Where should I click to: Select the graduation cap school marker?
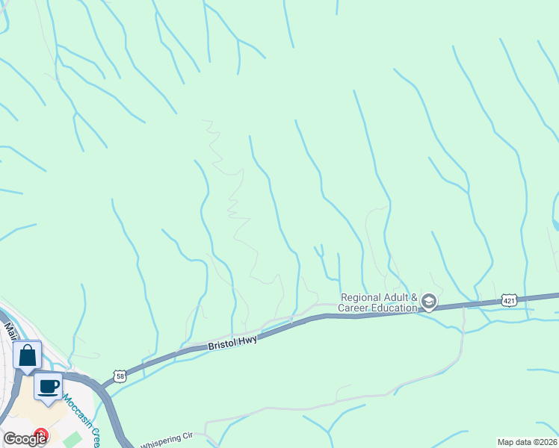pos(429,302)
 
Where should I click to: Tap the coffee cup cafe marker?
pos(49,387)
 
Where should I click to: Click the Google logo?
pos(25,439)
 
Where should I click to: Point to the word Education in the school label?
pos(392,308)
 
